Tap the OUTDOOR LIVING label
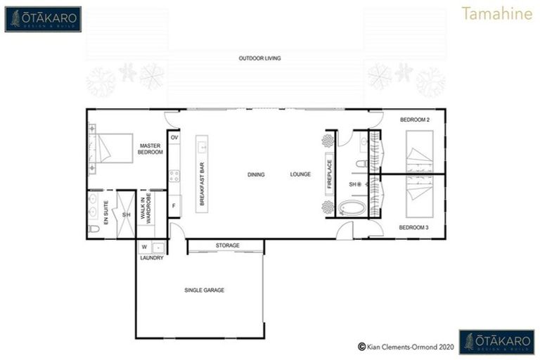[x=259, y=58]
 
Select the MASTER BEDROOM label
[x=150, y=148]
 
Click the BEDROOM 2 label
[x=415, y=120]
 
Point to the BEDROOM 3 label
[x=413, y=228]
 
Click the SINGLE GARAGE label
[x=204, y=290]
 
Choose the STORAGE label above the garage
[x=227, y=245]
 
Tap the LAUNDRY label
[x=151, y=258]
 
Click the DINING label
[x=256, y=174]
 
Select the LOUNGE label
[x=300, y=174]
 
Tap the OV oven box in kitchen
[x=174, y=138]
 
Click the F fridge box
[x=174, y=206]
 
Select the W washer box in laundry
[x=144, y=247]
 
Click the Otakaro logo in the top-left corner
[x=43, y=19]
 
